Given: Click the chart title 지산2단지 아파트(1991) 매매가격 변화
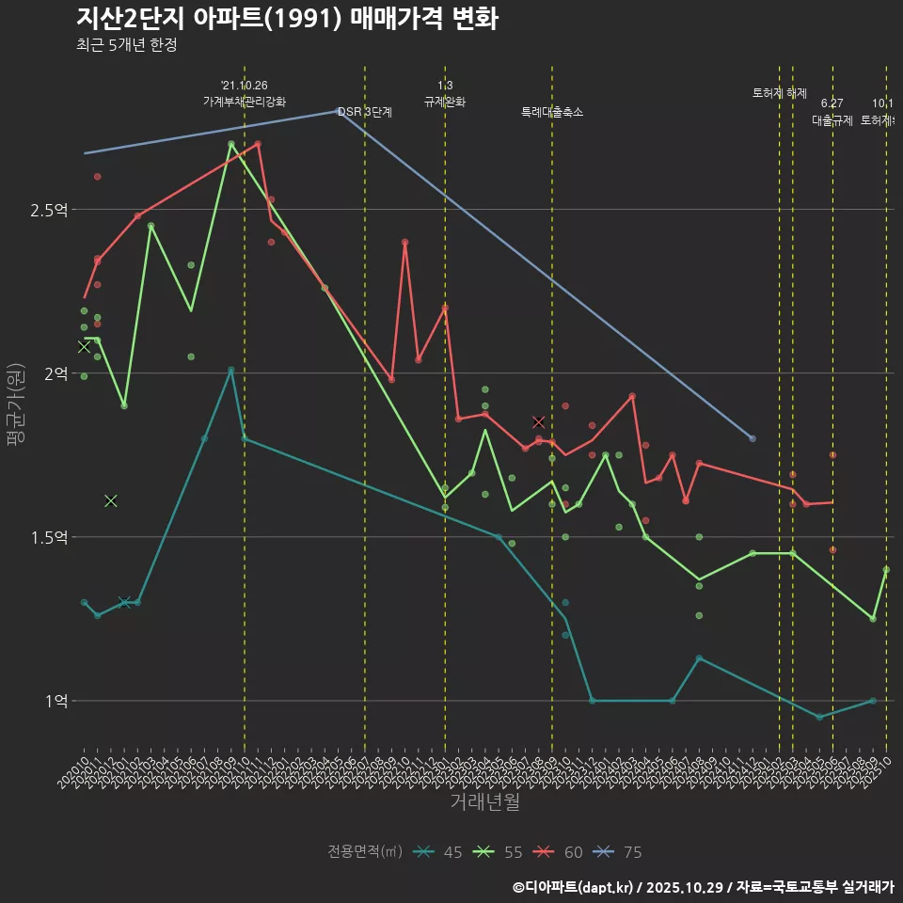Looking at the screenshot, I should [287, 19].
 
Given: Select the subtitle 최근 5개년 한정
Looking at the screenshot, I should [126, 45].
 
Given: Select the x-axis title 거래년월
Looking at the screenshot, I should [484, 801].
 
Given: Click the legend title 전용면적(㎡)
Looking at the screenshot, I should [365, 852].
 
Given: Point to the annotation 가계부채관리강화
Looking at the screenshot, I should [245, 102].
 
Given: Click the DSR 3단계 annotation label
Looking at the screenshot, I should [365, 112].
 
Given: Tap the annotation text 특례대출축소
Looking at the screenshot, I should [552, 112].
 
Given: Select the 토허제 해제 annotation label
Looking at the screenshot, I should [780, 93].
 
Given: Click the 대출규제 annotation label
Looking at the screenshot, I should [832, 120].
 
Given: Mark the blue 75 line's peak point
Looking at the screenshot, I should [339, 110].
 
